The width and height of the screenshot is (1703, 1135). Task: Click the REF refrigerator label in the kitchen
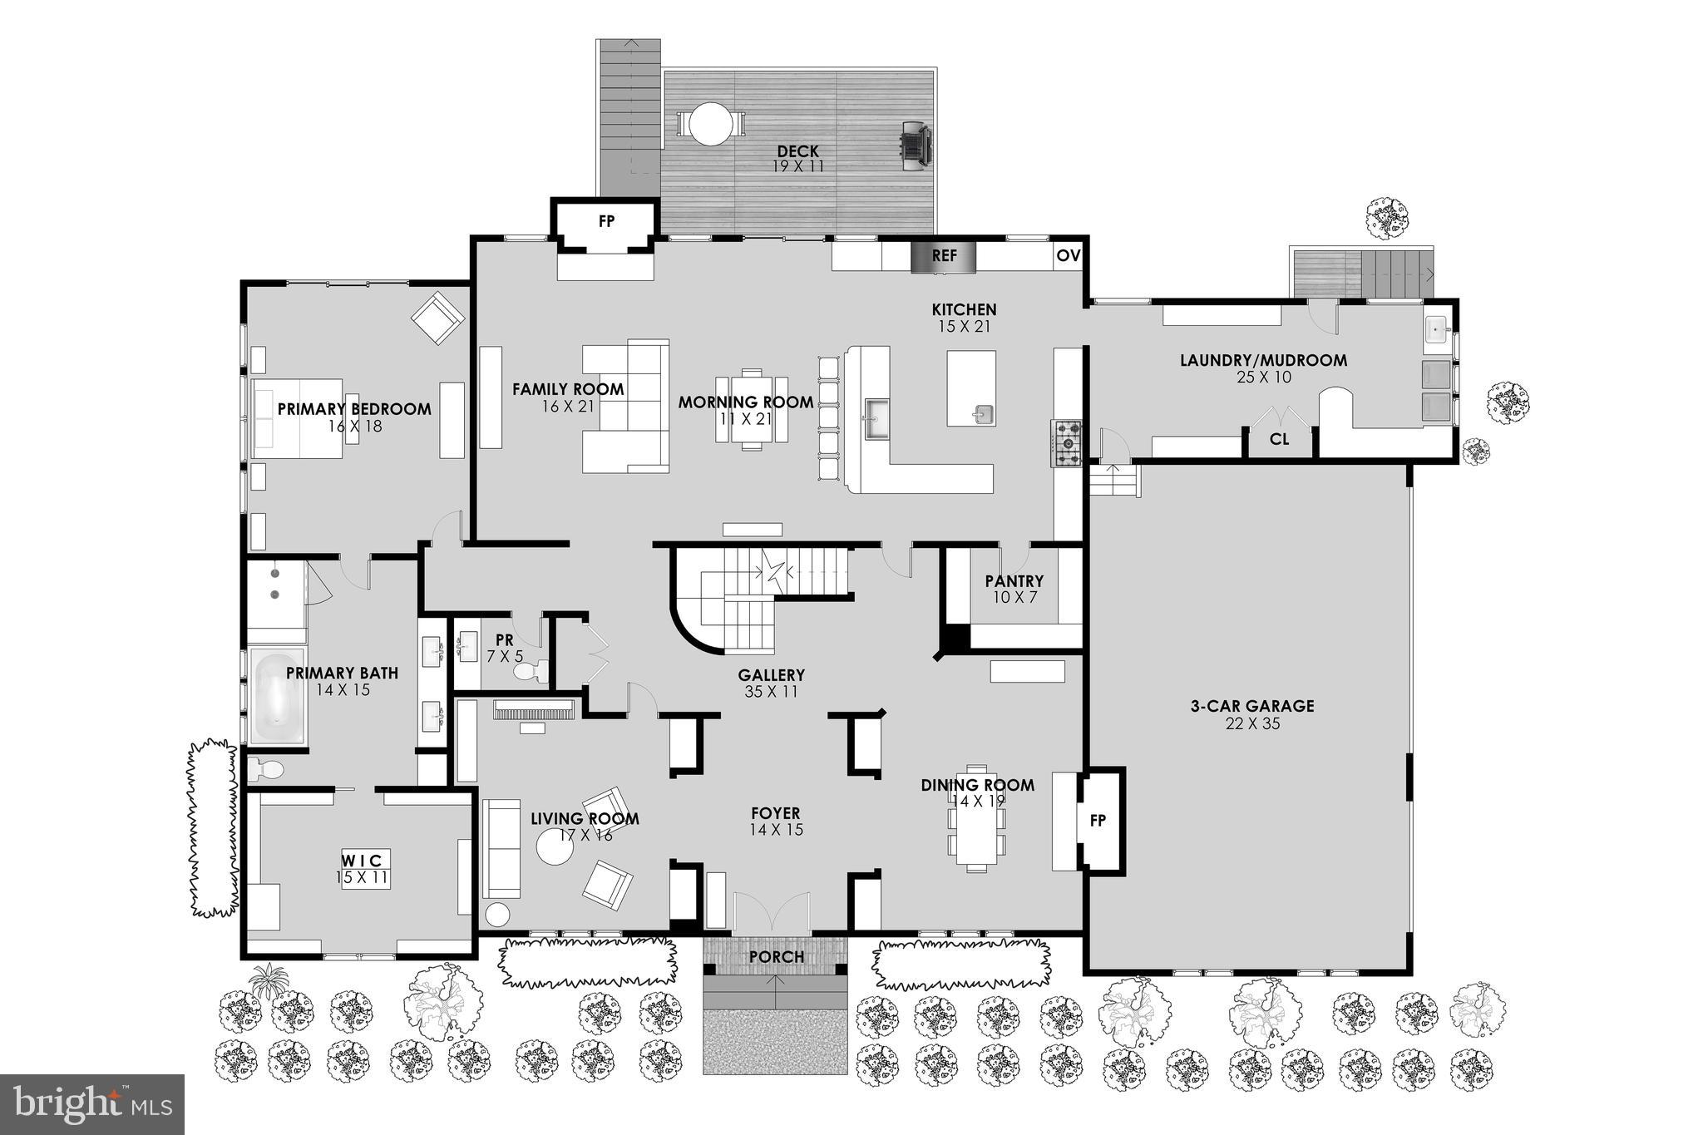(x=944, y=256)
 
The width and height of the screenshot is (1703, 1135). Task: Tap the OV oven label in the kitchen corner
(x=1068, y=256)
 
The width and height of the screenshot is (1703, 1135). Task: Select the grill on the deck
(x=914, y=146)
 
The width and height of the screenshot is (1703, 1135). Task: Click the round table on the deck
(x=711, y=124)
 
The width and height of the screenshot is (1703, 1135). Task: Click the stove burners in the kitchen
(x=1067, y=443)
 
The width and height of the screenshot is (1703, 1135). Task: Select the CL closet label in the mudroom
(x=1279, y=439)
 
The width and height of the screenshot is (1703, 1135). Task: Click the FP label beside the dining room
(x=1098, y=821)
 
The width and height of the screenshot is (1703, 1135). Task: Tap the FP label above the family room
(x=606, y=221)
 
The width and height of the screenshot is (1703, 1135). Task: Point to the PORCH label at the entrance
(x=776, y=957)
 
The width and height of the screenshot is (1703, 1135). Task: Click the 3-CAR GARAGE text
(x=1251, y=706)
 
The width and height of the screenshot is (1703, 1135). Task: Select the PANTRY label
(x=1014, y=581)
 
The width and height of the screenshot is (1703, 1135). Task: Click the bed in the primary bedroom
(x=298, y=418)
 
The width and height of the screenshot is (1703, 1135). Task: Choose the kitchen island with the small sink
(x=971, y=388)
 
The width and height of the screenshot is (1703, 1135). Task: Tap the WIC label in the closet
(x=364, y=860)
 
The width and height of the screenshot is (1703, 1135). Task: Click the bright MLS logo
(x=91, y=1104)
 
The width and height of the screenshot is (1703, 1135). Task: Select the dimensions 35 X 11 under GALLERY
(x=771, y=692)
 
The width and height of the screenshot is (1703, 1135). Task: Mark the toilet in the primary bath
(x=265, y=769)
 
